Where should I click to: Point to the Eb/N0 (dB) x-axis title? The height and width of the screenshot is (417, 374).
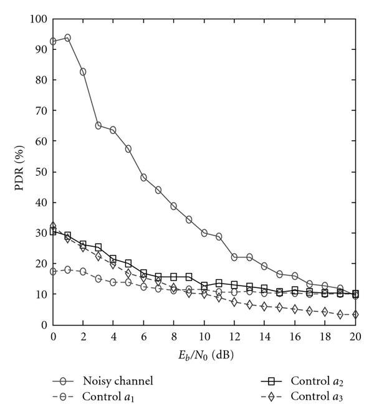pos(204,355)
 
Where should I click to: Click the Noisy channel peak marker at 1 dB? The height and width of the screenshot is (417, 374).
pos(67,38)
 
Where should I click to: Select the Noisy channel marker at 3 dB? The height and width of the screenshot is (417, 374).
pos(98,125)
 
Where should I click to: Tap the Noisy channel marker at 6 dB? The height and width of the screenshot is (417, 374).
pos(143,177)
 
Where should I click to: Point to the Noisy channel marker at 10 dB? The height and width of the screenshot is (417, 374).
pos(204,232)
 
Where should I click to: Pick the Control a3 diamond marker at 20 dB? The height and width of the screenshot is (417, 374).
pos(355,315)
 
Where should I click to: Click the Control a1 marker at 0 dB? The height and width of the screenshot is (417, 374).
pos(53,272)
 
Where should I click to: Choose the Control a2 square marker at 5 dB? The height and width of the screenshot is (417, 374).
pos(128,263)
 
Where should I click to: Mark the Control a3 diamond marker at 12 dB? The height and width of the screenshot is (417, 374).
pos(234,302)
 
